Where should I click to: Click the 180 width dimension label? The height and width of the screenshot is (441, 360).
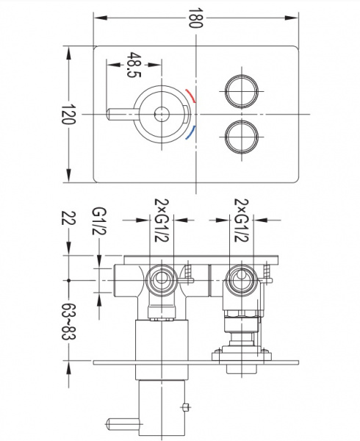[x=195, y=18]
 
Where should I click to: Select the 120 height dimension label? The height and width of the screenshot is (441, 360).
[x=68, y=114]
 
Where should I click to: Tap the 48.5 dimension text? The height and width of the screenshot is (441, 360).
[x=134, y=65]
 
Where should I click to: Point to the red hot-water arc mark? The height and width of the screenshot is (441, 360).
[x=190, y=96]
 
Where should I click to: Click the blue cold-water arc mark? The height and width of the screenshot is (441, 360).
[x=190, y=133]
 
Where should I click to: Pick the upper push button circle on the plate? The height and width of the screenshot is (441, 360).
[x=242, y=91]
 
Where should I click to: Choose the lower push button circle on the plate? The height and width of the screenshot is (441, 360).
[x=242, y=137]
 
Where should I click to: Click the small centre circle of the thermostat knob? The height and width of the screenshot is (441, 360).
[x=162, y=114]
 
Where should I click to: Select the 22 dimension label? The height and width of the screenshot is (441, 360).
[x=68, y=218]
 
